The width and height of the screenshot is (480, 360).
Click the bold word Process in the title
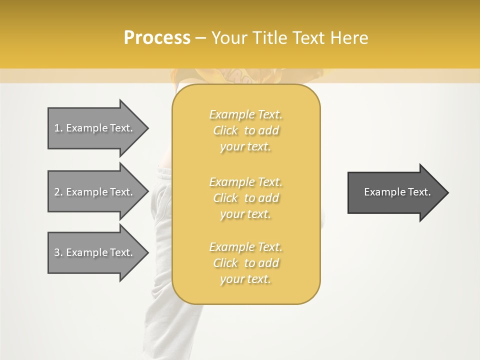[157, 38]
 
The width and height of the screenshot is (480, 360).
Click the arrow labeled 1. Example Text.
[95, 128]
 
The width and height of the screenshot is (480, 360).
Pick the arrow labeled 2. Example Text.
[95, 192]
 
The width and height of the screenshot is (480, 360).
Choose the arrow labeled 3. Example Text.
[95, 252]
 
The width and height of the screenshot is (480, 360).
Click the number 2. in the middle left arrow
[58, 192]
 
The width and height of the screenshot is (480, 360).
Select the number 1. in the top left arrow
[58, 128]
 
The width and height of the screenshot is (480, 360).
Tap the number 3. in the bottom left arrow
[58, 252]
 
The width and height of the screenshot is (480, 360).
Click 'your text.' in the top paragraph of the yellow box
[245, 147]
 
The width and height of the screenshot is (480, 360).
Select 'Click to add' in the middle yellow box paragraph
[245, 198]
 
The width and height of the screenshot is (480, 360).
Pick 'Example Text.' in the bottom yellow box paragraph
[245, 247]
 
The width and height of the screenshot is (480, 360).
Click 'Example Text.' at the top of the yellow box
[245, 115]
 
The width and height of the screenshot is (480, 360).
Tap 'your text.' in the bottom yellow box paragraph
[245, 279]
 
